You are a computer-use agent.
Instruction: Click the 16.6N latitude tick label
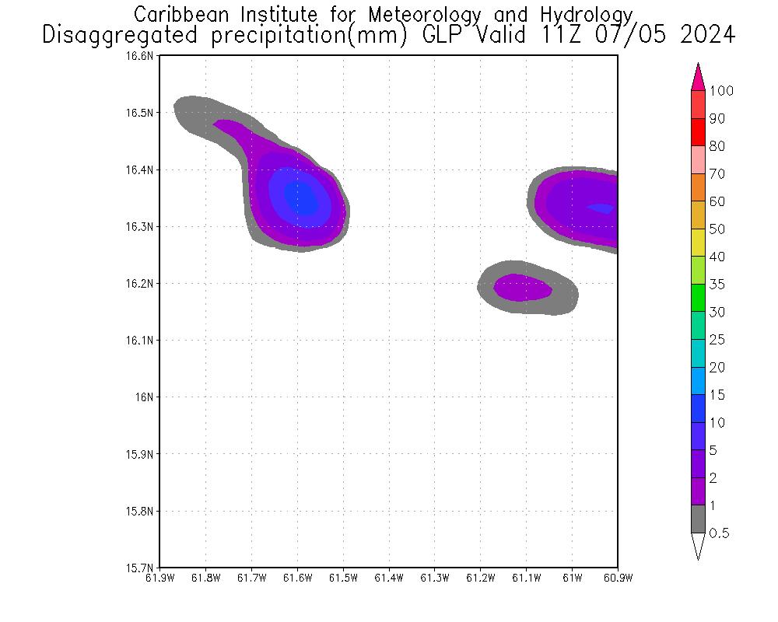tap(143, 56)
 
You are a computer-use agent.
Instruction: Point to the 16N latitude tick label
tap(147, 397)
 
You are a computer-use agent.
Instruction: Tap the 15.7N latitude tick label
tap(143, 568)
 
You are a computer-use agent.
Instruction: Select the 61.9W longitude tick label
tap(159, 578)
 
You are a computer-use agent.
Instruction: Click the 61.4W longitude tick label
tap(388, 578)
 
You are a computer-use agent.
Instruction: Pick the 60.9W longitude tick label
tap(617, 578)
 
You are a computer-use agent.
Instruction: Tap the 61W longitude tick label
tap(572, 578)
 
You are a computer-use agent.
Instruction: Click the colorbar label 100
tap(721, 91)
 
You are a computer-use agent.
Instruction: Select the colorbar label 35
tap(717, 285)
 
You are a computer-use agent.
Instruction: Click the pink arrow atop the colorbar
tap(698, 77)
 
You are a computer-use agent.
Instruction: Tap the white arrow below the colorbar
tap(698, 546)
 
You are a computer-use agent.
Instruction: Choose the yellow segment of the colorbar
tap(698, 243)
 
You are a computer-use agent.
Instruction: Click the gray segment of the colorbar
tap(698, 519)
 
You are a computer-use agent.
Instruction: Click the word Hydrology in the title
tap(588, 15)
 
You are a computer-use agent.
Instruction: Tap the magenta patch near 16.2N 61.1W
tap(522, 288)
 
